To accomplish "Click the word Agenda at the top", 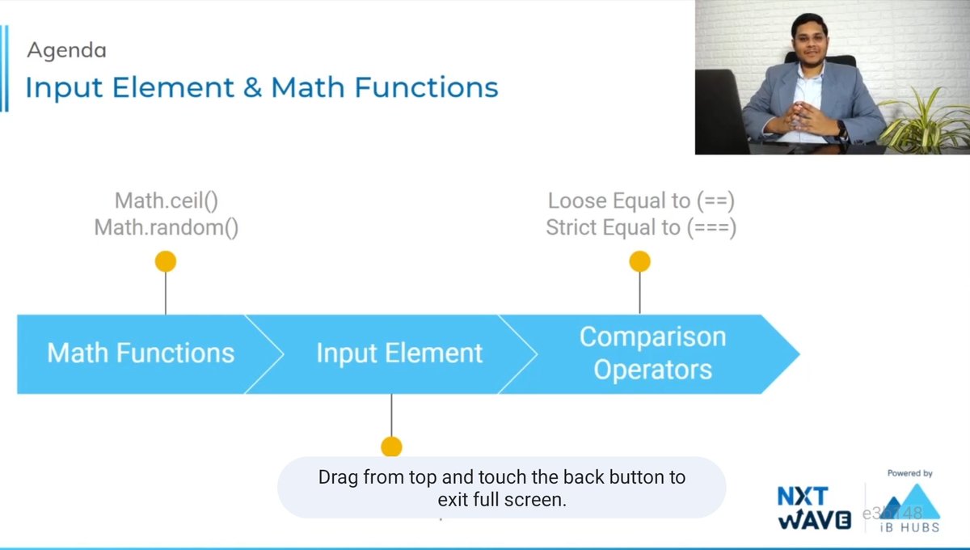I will [x=66, y=50].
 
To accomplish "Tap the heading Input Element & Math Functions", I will [x=261, y=87].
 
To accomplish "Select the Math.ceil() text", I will [x=167, y=201].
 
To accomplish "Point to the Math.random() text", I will [x=167, y=228].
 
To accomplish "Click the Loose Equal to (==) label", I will [x=641, y=201].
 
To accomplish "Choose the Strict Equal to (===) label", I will [x=641, y=228].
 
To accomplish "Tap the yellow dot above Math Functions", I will [x=166, y=261].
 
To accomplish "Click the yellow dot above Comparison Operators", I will [x=639, y=261].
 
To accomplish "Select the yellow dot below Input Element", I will [x=391, y=446].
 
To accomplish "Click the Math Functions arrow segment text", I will [x=141, y=353].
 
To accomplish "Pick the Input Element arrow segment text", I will [x=399, y=353].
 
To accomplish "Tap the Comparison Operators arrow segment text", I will [x=652, y=353].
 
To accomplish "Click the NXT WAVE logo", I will [x=815, y=508].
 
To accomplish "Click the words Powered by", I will [x=909, y=473].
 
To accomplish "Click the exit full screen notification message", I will [x=501, y=488].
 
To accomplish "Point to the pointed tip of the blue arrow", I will [x=796, y=353].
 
